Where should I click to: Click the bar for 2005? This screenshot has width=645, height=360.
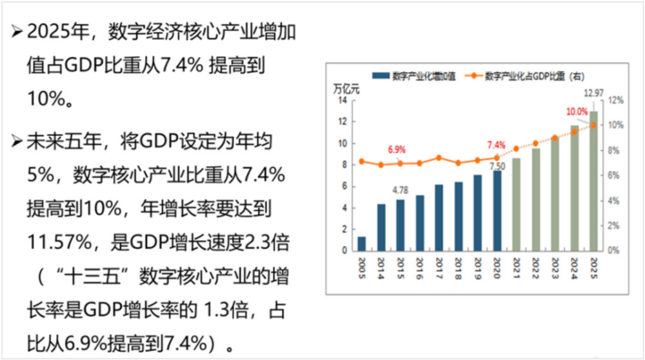362,244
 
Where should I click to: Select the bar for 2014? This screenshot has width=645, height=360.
381,228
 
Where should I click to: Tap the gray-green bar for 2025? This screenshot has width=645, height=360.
593,181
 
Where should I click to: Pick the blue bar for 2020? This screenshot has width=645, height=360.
497,211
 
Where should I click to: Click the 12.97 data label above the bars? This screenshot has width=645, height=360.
593,93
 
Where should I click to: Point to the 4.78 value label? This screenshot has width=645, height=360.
401,190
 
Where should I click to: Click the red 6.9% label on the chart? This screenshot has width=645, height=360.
397,149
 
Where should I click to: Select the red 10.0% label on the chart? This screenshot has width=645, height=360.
577,112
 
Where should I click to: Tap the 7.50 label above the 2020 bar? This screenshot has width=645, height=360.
497,166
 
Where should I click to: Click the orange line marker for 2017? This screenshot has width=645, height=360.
439,158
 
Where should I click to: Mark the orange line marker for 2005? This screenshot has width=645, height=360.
362,162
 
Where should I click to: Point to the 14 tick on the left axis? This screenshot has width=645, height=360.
342,101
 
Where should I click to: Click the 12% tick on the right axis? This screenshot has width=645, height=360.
616,100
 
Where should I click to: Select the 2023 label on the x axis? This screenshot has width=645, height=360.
555,268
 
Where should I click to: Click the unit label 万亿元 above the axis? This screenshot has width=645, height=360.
346,89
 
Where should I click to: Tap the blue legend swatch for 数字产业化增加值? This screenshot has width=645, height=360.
381,75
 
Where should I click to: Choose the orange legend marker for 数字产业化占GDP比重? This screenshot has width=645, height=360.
473,75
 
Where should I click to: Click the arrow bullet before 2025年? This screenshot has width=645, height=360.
17,31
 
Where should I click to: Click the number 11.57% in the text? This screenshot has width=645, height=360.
59,243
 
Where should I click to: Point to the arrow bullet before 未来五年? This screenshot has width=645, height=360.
17,141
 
